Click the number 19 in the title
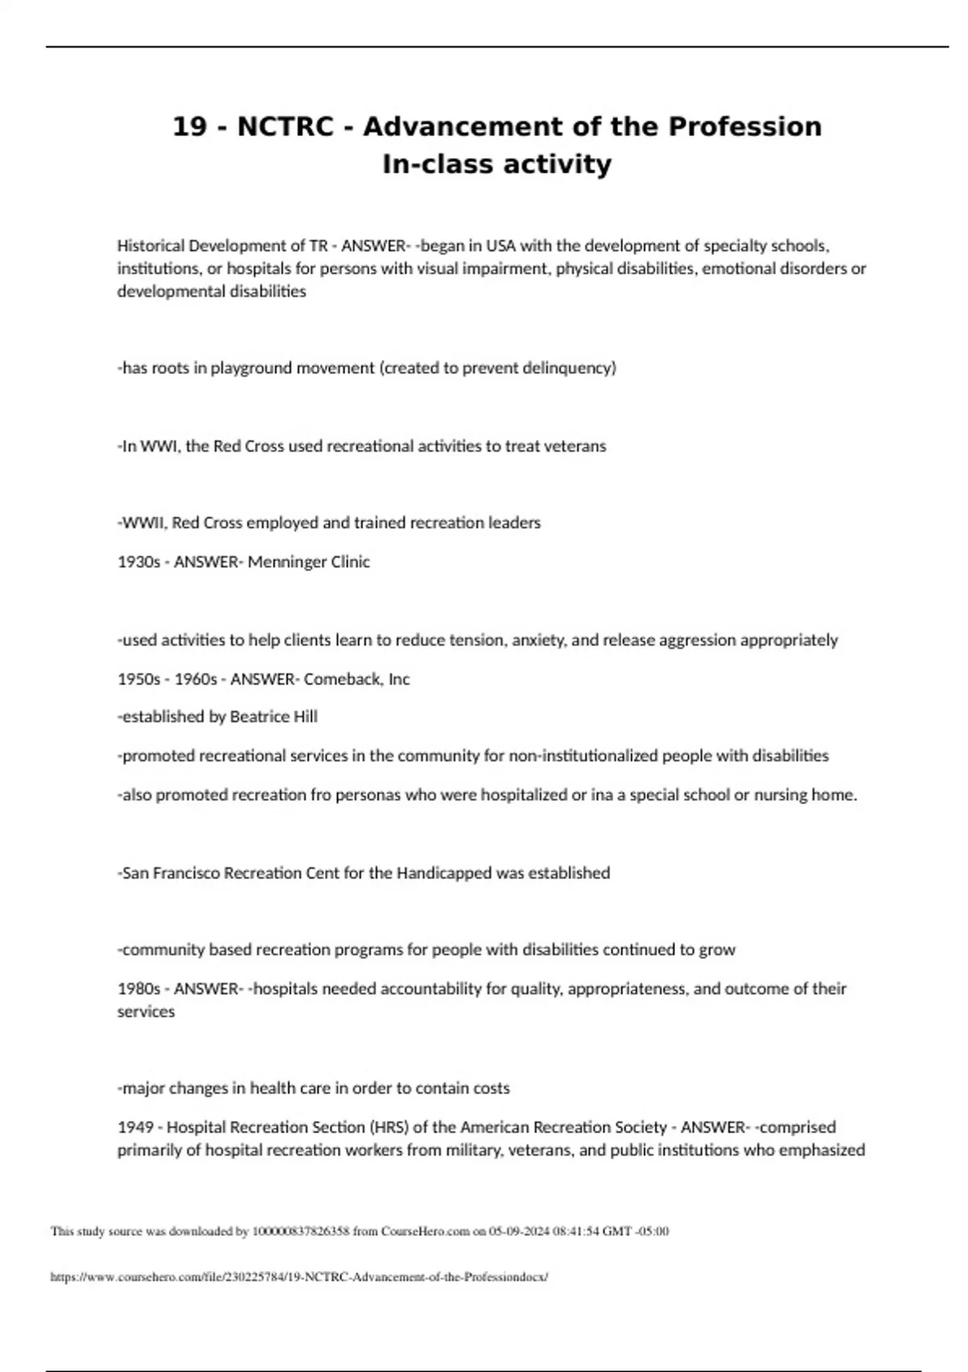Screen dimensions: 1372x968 (190, 127)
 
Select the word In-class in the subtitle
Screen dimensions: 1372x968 (436, 164)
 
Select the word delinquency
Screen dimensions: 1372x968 (569, 368)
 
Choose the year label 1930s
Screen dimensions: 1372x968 (139, 562)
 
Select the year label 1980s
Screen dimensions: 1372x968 (139, 989)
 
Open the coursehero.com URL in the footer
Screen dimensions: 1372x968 (299, 1278)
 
